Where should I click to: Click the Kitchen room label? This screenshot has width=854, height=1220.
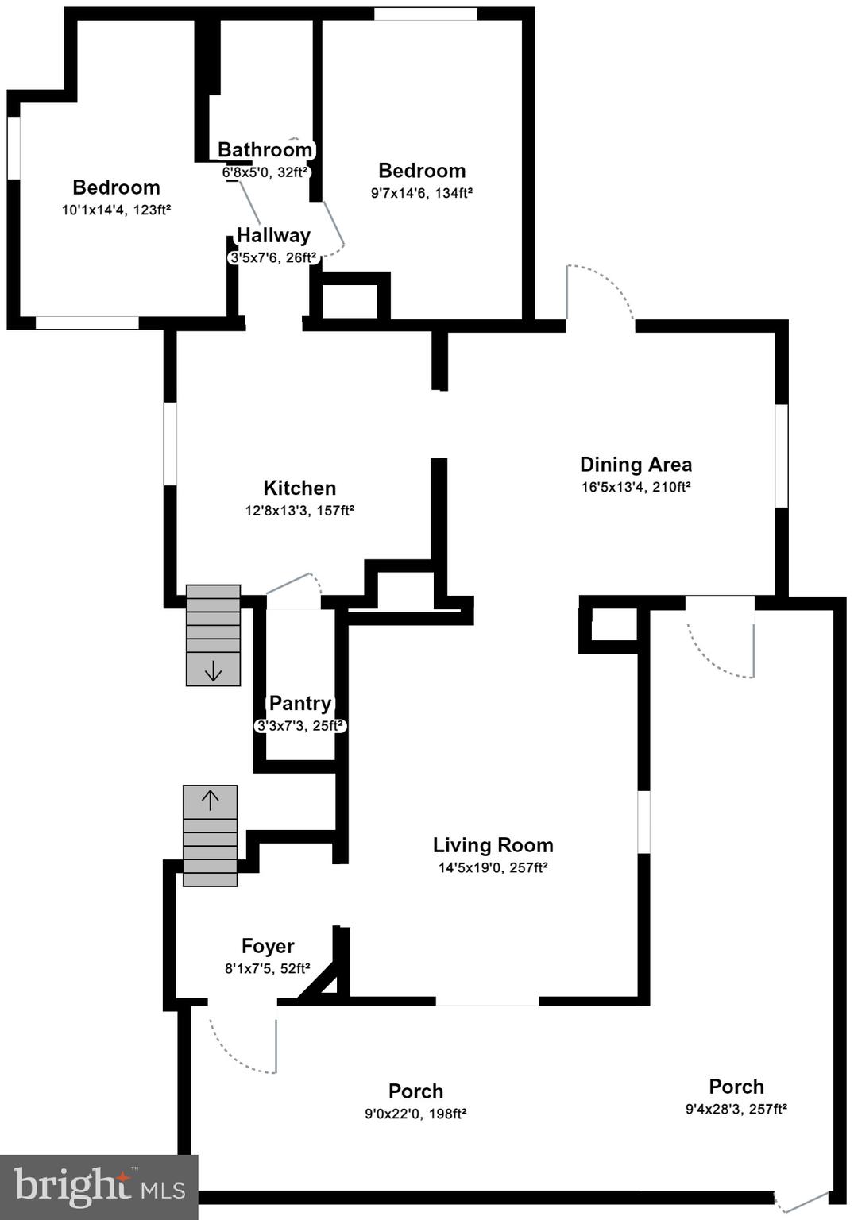[x=299, y=488]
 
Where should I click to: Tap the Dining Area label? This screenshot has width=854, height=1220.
[x=636, y=465]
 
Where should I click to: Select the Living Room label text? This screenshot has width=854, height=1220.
[x=493, y=845]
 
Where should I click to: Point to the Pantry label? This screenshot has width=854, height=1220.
[x=299, y=703]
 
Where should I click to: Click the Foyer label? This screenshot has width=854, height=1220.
[x=268, y=946]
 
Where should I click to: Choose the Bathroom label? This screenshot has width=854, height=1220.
[x=265, y=149]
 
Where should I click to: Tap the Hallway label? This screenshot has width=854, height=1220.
[x=273, y=235]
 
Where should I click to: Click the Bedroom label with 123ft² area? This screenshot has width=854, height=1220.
[x=116, y=187]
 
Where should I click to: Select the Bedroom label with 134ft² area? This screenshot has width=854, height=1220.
[x=422, y=171]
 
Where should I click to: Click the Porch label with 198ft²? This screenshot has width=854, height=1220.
[x=415, y=1091]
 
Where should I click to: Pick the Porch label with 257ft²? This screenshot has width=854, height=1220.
[x=736, y=1087]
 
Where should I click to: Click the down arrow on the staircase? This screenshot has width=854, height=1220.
[x=213, y=671]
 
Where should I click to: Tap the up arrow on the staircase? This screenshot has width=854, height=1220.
[x=210, y=800]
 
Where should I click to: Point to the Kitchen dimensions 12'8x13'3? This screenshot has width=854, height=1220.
[x=299, y=510]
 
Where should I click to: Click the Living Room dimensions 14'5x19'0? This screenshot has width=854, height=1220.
[x=493, y=867]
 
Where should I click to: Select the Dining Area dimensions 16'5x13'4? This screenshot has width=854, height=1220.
[x=636, y=487]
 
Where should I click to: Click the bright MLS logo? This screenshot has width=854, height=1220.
[x=99, y=1187]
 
